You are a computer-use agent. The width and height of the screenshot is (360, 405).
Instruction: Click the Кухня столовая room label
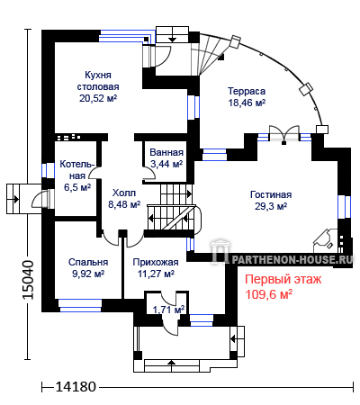point(98,81)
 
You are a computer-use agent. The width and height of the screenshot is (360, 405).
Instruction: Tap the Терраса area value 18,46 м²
point(247,103)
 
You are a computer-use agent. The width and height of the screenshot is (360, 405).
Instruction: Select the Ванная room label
point(166,152)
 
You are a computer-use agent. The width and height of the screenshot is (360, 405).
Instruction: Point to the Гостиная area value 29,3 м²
point(271,206)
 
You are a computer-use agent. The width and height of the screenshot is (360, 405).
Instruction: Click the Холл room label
point(124,193)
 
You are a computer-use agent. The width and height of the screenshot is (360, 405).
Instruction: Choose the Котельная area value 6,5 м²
point(77,187)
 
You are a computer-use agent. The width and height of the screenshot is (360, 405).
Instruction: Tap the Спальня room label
point(88,262)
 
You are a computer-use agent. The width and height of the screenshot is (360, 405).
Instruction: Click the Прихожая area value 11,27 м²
point(156,274)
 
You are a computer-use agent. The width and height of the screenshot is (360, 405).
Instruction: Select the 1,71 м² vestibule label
point(168,310)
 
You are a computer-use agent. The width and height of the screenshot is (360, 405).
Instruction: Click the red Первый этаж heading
point(283,279)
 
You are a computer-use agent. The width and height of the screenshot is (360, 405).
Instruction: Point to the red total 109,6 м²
point(269,294)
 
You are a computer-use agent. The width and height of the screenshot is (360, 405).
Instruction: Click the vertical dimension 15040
point(29,280)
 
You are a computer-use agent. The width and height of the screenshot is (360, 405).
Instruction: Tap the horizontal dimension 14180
point(76,387)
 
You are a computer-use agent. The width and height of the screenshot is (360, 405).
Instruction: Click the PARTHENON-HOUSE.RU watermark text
point(292,259)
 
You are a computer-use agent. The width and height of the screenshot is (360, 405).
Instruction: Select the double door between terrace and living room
point(284,133)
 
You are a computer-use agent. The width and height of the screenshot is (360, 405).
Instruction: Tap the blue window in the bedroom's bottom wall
point(80,305)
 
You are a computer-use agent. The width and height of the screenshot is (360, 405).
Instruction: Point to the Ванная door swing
point(149,175)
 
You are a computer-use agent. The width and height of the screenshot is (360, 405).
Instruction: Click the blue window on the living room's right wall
point(344,207)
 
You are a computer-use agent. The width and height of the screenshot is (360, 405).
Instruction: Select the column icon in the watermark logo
point(220,253)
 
